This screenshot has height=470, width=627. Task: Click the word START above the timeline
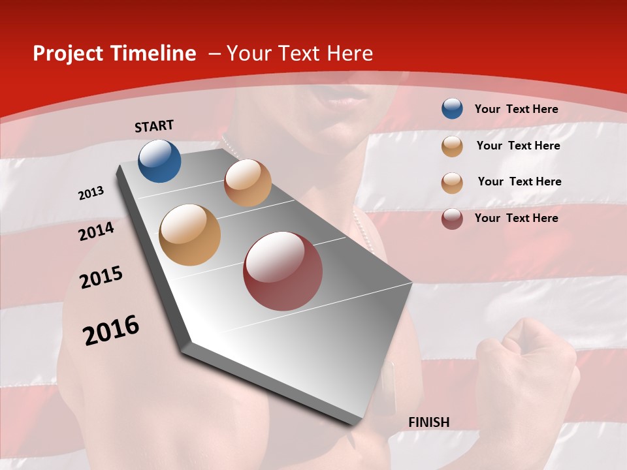pos(154,126)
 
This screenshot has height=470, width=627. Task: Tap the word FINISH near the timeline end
pos(428,422)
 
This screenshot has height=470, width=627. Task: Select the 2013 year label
pos(91,193)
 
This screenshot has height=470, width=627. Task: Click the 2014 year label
pos(96,231)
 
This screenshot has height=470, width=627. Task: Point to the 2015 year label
pos(101,277)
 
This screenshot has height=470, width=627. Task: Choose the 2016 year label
pos(110,330)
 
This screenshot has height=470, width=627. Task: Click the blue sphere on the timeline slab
pos(159,161)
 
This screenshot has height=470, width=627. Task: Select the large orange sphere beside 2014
pos(189,234)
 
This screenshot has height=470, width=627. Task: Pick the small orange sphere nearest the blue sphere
pos(248,183)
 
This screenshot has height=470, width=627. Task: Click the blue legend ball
pos(452,108)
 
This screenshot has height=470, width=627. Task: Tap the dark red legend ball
pos(452,218)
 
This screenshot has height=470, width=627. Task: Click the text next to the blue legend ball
pos(516,109)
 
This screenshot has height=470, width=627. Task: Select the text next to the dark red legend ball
pos(516,218)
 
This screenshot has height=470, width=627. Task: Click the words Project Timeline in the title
pos(114,54)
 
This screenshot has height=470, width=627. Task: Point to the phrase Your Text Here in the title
pos(299,54)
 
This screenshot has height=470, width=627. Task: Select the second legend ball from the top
pos(452,146)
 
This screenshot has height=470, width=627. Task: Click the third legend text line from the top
pos(519,181)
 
